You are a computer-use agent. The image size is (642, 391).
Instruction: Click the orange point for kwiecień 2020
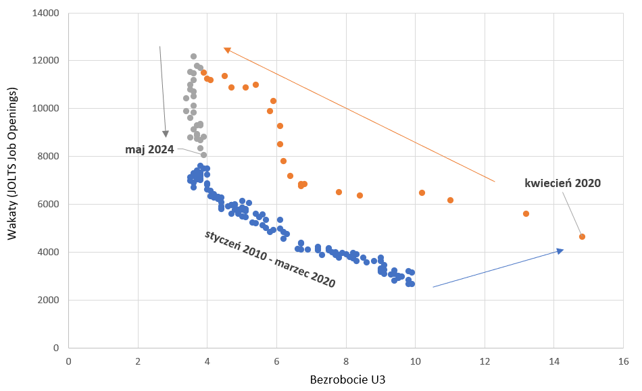[582, 236]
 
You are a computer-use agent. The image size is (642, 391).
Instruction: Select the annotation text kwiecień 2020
[562, 183]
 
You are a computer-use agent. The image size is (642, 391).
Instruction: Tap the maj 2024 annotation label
[149, 149]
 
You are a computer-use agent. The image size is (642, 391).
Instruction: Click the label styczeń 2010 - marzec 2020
[270, 259]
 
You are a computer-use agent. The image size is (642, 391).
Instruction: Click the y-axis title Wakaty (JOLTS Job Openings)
[12, 180]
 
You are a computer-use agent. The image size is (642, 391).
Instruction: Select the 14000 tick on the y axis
[46, 13]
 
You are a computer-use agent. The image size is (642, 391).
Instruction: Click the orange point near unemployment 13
[526, 213]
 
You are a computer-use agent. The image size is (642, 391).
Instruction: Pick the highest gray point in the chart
[193, 57]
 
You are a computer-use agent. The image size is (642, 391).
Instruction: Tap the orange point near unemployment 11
[450, 200]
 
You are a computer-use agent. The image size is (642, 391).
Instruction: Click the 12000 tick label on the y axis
[46, 61]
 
